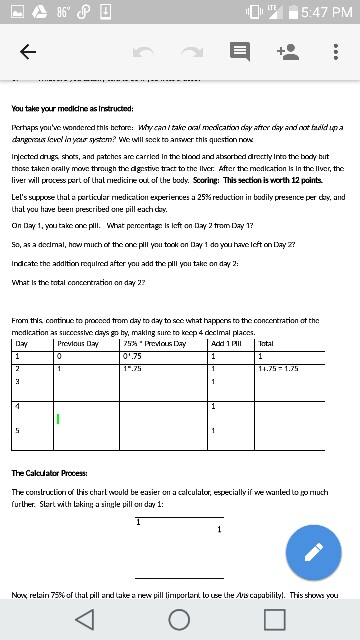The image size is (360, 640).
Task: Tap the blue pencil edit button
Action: coord(313,552)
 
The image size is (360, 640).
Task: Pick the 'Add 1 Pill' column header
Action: coord(228,343)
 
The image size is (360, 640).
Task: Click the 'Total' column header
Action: coord(268,343)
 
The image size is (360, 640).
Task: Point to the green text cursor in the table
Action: coord(59,418)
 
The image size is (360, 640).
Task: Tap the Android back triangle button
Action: coord(90,617)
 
